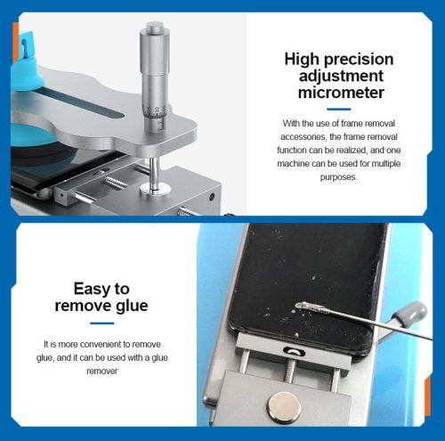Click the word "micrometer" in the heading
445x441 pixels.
(x=341, y=93)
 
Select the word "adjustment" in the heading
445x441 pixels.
(x=341, y=77)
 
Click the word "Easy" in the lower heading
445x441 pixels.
(x=89, y=290)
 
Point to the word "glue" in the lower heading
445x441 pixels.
(x=132, y=306)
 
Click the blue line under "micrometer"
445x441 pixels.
(x=339, y=109)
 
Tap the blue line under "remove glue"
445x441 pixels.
(x=102, y=323)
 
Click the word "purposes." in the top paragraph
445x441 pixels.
(x=338, y=177)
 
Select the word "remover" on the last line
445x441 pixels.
(x=102, y=371)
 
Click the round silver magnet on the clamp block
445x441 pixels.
(x=284, y=407)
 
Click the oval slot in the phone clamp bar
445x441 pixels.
(x=294, y=351)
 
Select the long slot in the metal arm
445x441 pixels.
(x=79, y=102)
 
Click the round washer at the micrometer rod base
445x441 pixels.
(x=155, y=189)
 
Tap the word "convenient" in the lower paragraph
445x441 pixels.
(x=101, y=345)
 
